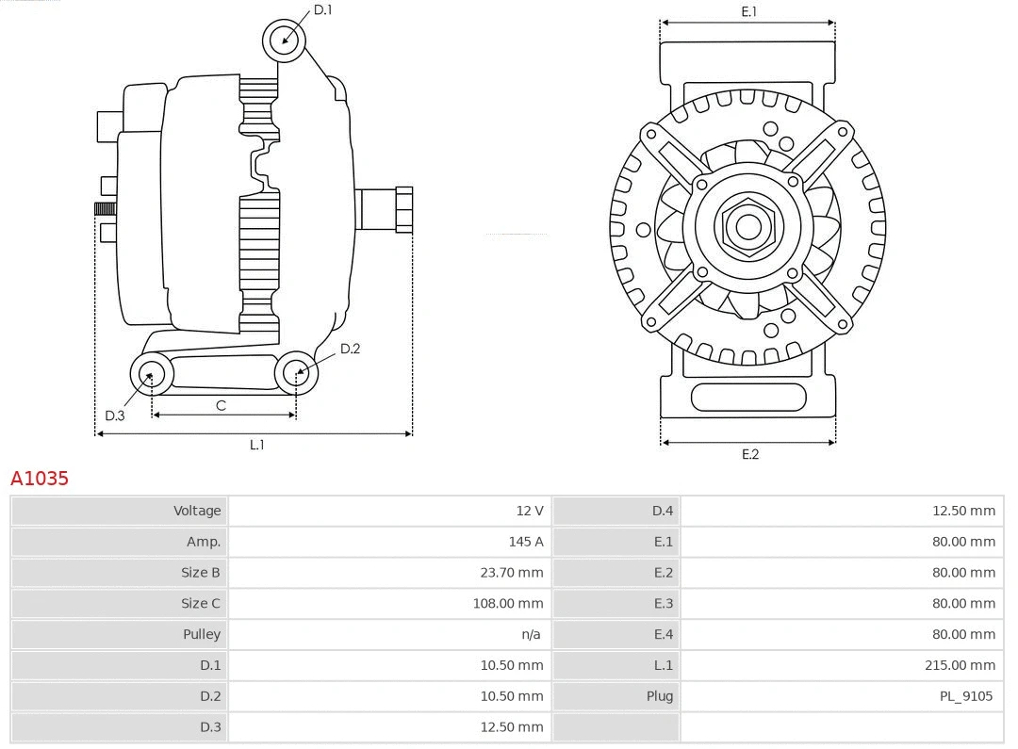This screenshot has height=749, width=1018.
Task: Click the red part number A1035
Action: pyautogui.click(x=40, y=479)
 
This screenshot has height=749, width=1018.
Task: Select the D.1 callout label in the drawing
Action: pyautogui.click(x=322, y=9)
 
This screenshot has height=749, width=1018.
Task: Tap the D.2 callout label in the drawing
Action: pyautogui.click(x=350, y=349)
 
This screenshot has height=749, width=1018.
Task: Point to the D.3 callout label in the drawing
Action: pyautogui.click(x=115, y=415)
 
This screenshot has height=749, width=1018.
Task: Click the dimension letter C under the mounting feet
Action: pyautogui.click(x=221, y=405)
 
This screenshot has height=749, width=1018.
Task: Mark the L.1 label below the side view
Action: pyautogui.click(x=256, y=445)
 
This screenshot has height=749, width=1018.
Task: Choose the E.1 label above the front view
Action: pyautogui.click(x=748, y=11)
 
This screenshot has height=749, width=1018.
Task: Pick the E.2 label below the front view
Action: pyautogui.click(x=749, y=454)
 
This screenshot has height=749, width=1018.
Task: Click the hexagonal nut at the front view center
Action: pyautogui.click(x=748, y=227)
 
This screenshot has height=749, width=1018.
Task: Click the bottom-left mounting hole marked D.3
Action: pyautogui.click(x=151, y=374)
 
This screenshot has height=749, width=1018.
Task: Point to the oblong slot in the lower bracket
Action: pyautogui.click(x=748, y=397)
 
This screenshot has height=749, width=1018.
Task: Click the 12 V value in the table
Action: pyautogui.click(x=529, y=511)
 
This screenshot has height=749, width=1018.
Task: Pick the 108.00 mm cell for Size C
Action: pyautogui.click(x=507, y=603)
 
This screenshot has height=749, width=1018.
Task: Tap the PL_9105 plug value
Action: pyautogui.click(x=965, y=696)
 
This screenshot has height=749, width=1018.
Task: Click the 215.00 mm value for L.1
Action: pyautogui.click(x=960, y=665)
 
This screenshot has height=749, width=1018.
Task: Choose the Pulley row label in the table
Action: pyautogui.click(x=202, y=634)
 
